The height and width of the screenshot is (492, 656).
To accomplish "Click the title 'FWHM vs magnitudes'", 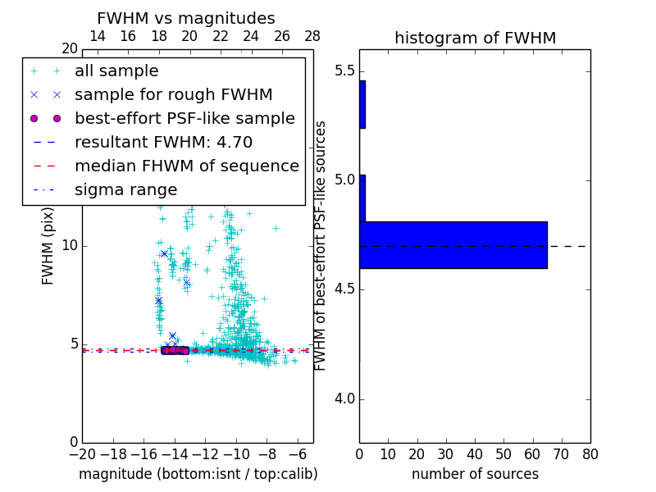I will (x=185, y=18).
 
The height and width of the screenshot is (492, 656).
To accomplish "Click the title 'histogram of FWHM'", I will (x=475, y=38).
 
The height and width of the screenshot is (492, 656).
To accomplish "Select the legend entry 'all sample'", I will (x=116, y=71).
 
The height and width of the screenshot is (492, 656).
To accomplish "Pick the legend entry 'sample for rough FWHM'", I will (x=173, y=95).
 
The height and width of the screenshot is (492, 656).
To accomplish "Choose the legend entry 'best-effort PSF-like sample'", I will (x=184, y=118).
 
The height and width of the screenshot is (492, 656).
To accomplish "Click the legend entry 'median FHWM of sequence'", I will (x=186, y=166).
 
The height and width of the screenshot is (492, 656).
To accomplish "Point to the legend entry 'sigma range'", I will (x=125, y=189).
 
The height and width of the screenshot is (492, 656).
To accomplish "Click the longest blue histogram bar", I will (x=453, y=244).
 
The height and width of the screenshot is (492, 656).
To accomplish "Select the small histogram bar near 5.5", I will (x=362, y=104).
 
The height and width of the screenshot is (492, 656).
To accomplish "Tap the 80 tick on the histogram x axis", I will (x=590, y=453).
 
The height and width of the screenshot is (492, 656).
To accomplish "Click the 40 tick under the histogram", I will (x=475, y=453).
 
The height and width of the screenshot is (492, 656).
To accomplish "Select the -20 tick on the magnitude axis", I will (x=82, y=453).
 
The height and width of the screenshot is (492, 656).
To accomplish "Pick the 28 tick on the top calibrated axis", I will (x=312, y=36).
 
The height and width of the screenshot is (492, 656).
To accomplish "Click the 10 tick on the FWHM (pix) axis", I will (x=69, y=245).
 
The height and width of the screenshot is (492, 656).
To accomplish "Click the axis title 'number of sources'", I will (x=475, y=474).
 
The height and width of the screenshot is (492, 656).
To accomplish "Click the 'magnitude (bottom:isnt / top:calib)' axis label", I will (x=198, y=474).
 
